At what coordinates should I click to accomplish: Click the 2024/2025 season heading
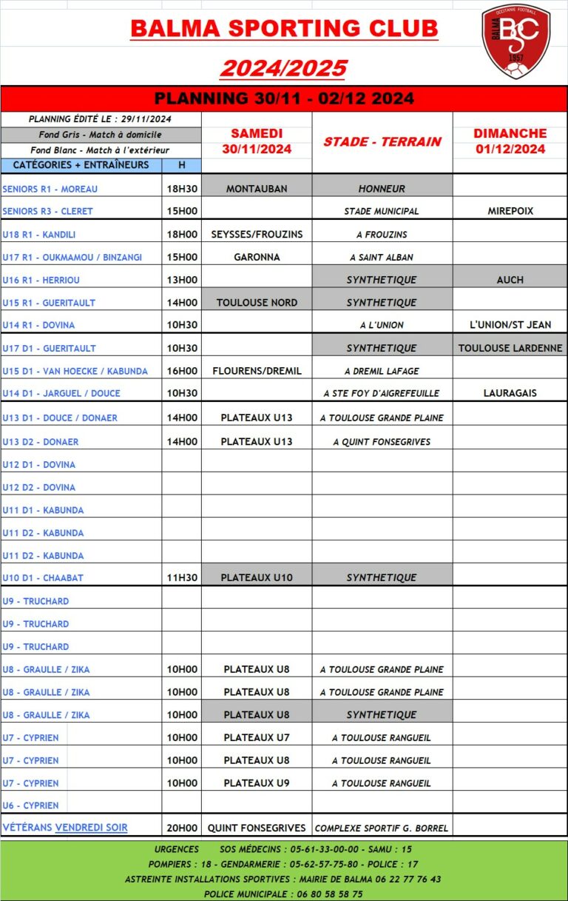283,68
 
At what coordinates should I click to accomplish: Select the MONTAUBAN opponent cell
257,189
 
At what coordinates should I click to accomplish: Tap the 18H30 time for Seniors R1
182,189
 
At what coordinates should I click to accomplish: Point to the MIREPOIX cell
510,211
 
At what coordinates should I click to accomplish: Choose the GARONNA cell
257,257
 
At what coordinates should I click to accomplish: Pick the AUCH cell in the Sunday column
510,280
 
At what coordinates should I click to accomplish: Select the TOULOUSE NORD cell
257,302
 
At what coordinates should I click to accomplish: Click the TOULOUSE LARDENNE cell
510,348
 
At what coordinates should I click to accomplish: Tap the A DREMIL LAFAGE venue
382,371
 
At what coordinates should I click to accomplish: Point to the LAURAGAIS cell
510,393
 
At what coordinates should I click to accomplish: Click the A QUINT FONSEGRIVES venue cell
382,442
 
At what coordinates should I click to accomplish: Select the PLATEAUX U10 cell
257,577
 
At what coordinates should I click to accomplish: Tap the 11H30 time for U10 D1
182,577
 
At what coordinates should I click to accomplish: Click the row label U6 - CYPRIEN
30,805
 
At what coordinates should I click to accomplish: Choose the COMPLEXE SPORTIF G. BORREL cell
382,828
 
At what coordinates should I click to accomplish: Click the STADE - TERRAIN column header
382,141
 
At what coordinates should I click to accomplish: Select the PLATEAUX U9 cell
257,783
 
